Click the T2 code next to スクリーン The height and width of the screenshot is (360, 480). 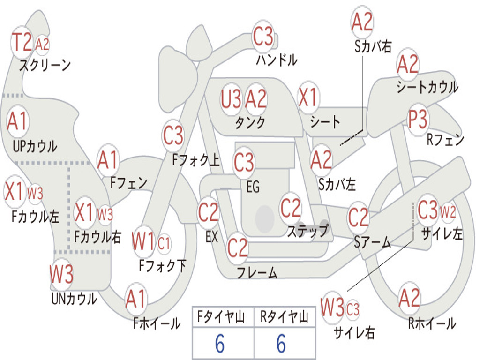click(x=22, y=42)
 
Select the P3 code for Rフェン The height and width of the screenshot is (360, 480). click(x=418, y=119)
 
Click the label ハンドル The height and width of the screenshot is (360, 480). click(x=277, y=60)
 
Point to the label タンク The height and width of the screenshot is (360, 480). click(x=250, y=122)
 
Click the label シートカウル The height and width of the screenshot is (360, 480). click(x=427, y=87)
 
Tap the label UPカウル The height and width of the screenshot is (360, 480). click(x=35, y=146)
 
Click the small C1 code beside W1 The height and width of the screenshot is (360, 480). click(x=164, y=244)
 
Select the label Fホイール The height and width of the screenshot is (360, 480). click(x=157, y=323)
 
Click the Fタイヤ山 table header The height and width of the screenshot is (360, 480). click(x=221, y=317)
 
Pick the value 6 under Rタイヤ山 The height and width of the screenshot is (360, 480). click(x=281, y=344)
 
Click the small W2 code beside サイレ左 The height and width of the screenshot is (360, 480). click(x=448, y=212)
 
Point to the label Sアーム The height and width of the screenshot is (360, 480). click(x=373, y=242)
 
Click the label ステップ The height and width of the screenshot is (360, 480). click(x=307, y=231)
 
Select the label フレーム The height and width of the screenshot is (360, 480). click(x=257, y=272)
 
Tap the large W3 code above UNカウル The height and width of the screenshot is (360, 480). click(x=61, y=274)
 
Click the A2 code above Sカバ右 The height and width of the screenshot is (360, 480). click(x=362, y=22)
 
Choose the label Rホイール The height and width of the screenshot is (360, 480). click(x=432, y=323)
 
